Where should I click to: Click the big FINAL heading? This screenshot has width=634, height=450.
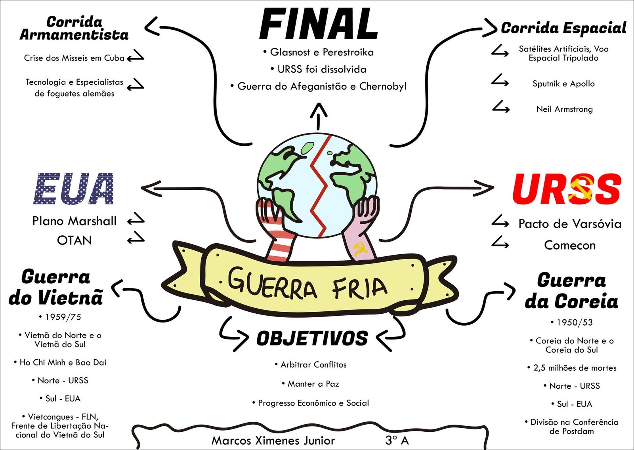click(319, 24)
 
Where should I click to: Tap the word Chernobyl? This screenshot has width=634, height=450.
click(383, 86)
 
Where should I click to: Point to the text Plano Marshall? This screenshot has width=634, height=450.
click(74, 221)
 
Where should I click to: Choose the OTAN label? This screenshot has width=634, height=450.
click(74, 240)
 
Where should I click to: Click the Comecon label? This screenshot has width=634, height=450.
click(569, 245)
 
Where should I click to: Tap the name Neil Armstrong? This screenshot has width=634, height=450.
click(564, 109)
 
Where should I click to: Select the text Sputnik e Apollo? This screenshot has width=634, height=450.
click(563, 84)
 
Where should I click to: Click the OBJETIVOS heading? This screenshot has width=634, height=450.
click(312, 339)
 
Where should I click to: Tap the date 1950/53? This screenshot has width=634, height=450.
click(574, 322)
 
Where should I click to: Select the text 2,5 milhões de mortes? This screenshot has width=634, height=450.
click(575, 368)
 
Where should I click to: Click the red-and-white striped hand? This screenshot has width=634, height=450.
click(277, 234)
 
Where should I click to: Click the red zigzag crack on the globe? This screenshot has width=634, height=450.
click(320, 186)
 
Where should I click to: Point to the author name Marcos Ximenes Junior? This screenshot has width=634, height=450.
click(273, 440)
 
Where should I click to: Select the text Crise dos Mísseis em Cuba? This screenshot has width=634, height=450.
click(74, 58)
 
